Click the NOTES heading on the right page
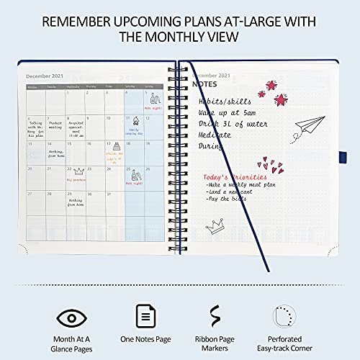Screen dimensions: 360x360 (205, 84)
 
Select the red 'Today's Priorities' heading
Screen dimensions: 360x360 (231, 176)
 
